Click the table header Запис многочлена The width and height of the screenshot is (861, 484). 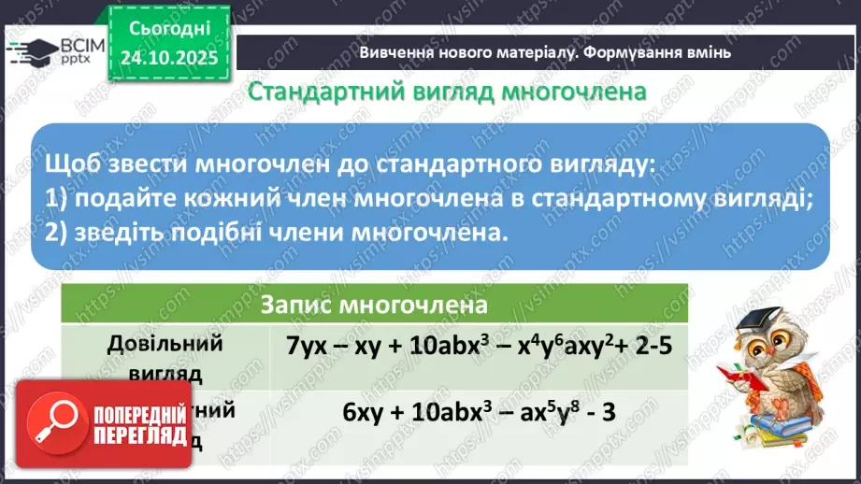375,306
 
